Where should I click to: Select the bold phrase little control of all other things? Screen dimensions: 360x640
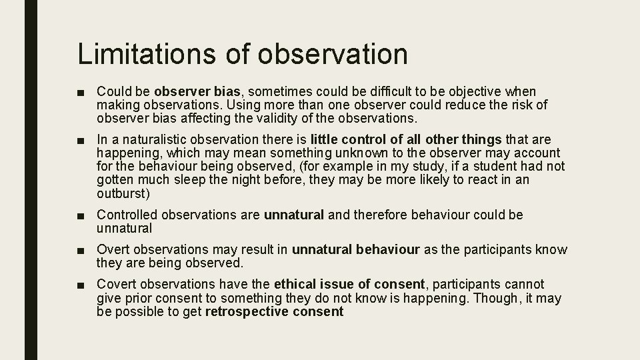pos(405,139)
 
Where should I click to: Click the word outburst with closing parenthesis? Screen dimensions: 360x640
pos(124,194)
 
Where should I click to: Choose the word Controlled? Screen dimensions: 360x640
pos(127,215)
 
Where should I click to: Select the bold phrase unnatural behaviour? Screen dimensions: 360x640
pos(356,250)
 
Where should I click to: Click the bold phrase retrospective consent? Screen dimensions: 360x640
pos(275,312)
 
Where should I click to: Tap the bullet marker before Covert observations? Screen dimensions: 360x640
pos(81,285)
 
